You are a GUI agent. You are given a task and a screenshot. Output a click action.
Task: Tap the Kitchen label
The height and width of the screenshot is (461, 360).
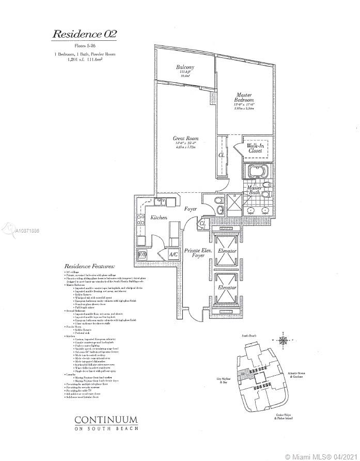point(159,218)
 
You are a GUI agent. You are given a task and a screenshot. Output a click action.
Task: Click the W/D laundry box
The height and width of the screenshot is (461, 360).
point(142,254)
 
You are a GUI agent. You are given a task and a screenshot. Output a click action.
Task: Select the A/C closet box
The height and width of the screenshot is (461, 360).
point(174,254)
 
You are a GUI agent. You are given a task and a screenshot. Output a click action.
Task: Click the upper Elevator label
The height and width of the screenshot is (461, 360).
point(228,251)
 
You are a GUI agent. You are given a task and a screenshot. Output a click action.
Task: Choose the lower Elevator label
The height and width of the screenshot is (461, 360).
point(228,287)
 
